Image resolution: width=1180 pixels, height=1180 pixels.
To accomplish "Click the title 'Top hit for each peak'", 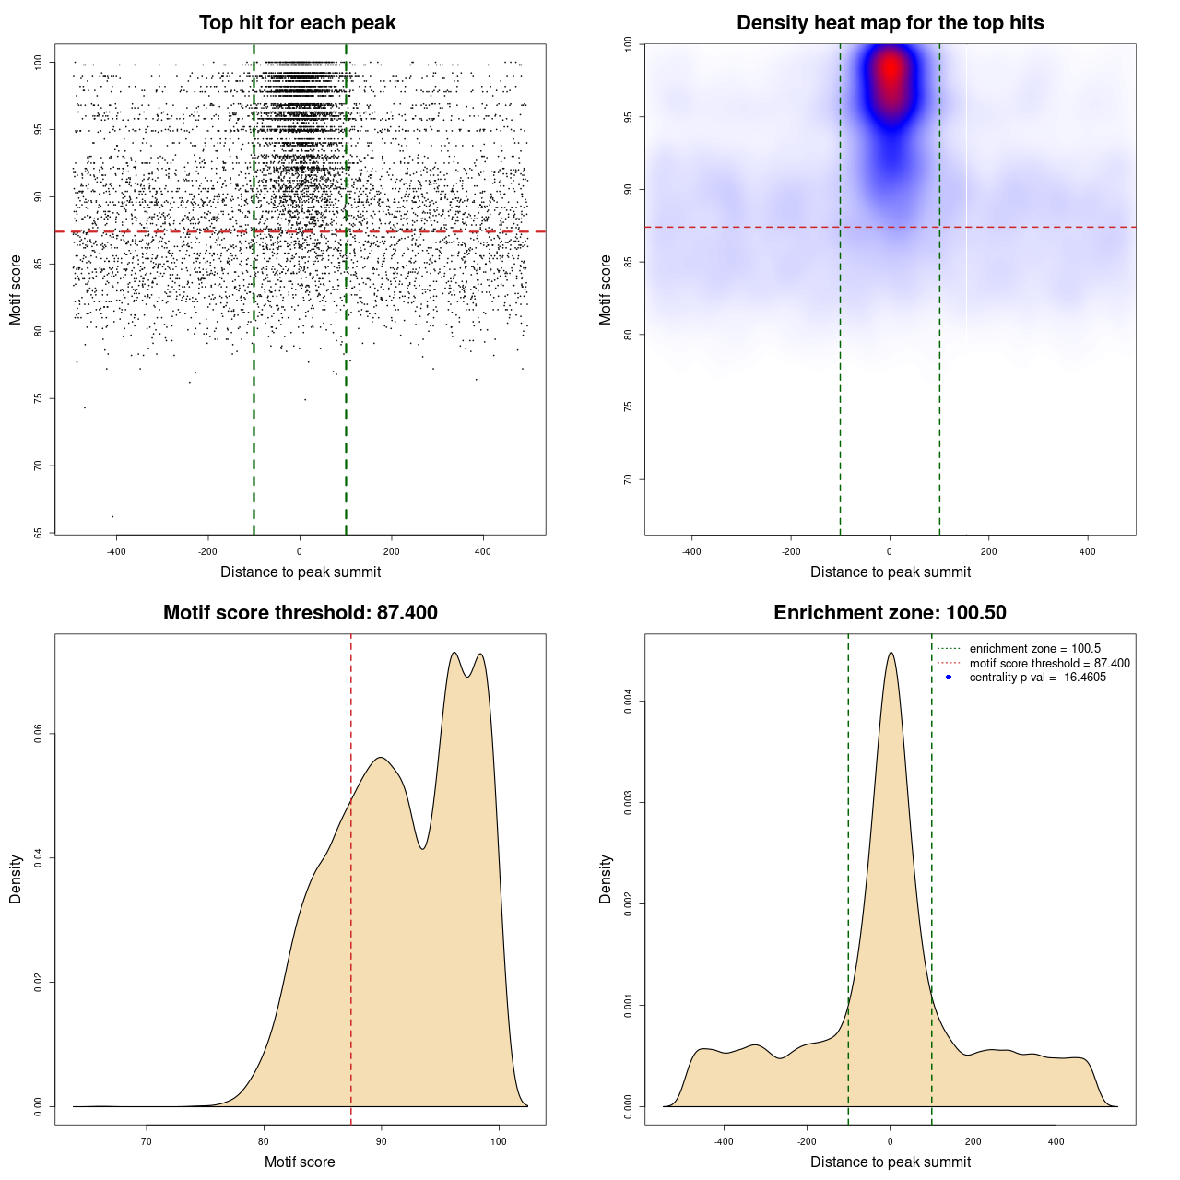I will point(297,23).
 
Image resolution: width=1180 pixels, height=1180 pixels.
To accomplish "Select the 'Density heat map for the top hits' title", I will point(890,23).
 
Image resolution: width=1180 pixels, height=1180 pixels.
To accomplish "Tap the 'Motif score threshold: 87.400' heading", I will point(300,613).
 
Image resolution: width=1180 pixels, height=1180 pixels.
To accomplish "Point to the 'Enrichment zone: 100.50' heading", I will point(890,613).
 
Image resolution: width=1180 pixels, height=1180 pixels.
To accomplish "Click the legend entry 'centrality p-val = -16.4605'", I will point(1037,678).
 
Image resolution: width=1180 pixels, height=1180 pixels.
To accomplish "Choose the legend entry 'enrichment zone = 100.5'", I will point(1034,649).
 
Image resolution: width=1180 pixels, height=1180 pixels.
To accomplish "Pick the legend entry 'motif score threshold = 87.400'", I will point(1049,664).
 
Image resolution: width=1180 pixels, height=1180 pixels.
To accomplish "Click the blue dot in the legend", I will point(949,678).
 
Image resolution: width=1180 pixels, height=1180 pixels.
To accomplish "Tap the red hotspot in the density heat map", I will point(891,70).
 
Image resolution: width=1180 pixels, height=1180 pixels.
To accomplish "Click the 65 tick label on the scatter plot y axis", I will point(39,533).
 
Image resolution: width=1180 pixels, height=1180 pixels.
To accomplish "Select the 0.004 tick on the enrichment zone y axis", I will point(629,702).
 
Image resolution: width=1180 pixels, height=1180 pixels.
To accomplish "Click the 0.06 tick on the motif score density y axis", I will point(39,734).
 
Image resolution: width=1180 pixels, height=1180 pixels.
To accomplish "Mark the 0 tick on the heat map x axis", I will point(890,551).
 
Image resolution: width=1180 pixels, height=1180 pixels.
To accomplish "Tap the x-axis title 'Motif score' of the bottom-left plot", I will point(300,1162).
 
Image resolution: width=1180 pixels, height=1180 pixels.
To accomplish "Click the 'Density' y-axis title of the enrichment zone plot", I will point(606,879).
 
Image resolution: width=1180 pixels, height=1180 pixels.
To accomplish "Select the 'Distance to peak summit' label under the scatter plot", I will point(301,572).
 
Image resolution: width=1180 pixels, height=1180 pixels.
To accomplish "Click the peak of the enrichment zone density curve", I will point(891,653).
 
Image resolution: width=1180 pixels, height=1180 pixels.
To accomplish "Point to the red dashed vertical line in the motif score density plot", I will point(351,876).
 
